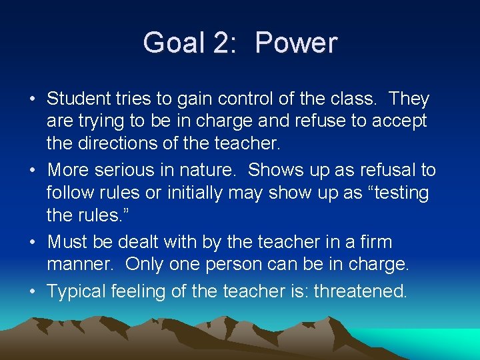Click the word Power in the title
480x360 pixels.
point(296,43)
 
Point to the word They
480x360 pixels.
point(409,99)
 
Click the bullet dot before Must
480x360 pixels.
point(32,242)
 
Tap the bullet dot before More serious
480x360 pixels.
point(32,171)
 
